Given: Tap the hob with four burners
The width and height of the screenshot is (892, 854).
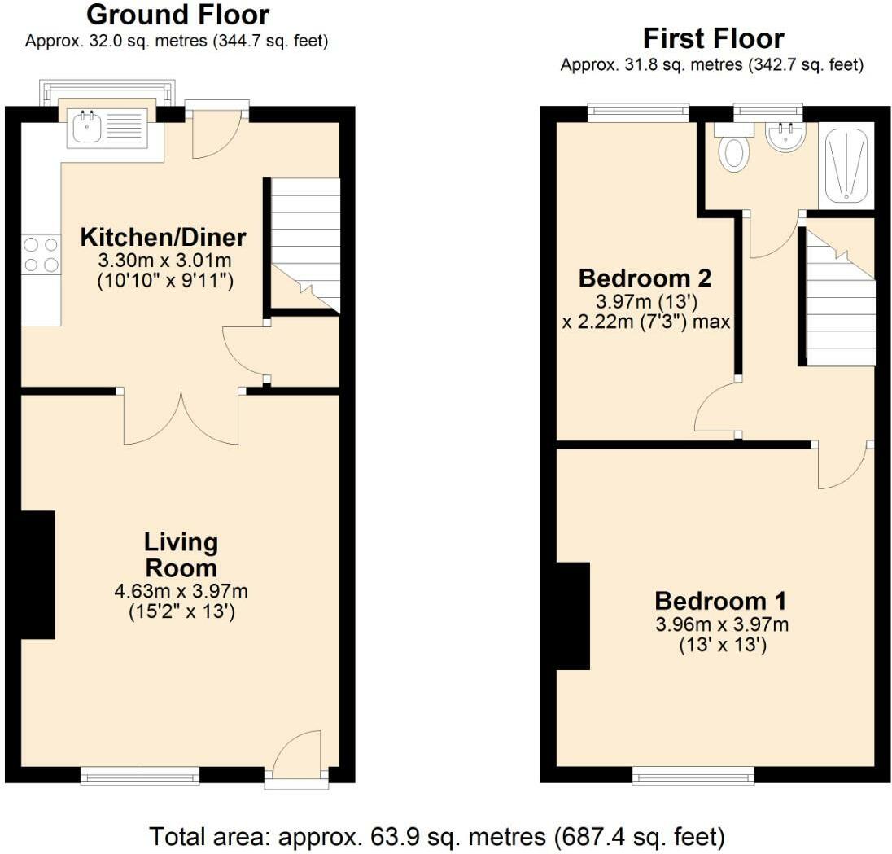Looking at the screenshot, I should coord(41,254).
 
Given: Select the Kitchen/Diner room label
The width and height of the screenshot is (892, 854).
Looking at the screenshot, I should coord(163,238).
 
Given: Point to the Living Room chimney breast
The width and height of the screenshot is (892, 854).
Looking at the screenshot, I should coord(36,575).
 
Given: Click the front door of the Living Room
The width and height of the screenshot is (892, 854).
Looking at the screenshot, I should coord(297,759).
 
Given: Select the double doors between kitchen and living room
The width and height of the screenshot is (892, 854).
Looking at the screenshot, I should coord(181,416).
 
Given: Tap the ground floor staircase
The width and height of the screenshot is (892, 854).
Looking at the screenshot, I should coord(304,244).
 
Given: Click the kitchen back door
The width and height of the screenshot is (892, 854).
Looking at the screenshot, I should coord(215,132).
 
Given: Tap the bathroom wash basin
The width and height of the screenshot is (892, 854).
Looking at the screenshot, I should coord(785,137).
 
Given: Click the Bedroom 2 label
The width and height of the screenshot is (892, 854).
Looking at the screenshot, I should coord(645,278).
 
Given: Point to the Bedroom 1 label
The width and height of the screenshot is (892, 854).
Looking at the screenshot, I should coord(720,602).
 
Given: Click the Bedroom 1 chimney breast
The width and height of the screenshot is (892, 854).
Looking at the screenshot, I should coord(573,616).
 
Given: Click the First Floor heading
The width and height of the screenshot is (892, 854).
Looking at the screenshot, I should coord(713,38).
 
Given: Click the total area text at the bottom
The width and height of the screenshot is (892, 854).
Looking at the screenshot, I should coord(436,835).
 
